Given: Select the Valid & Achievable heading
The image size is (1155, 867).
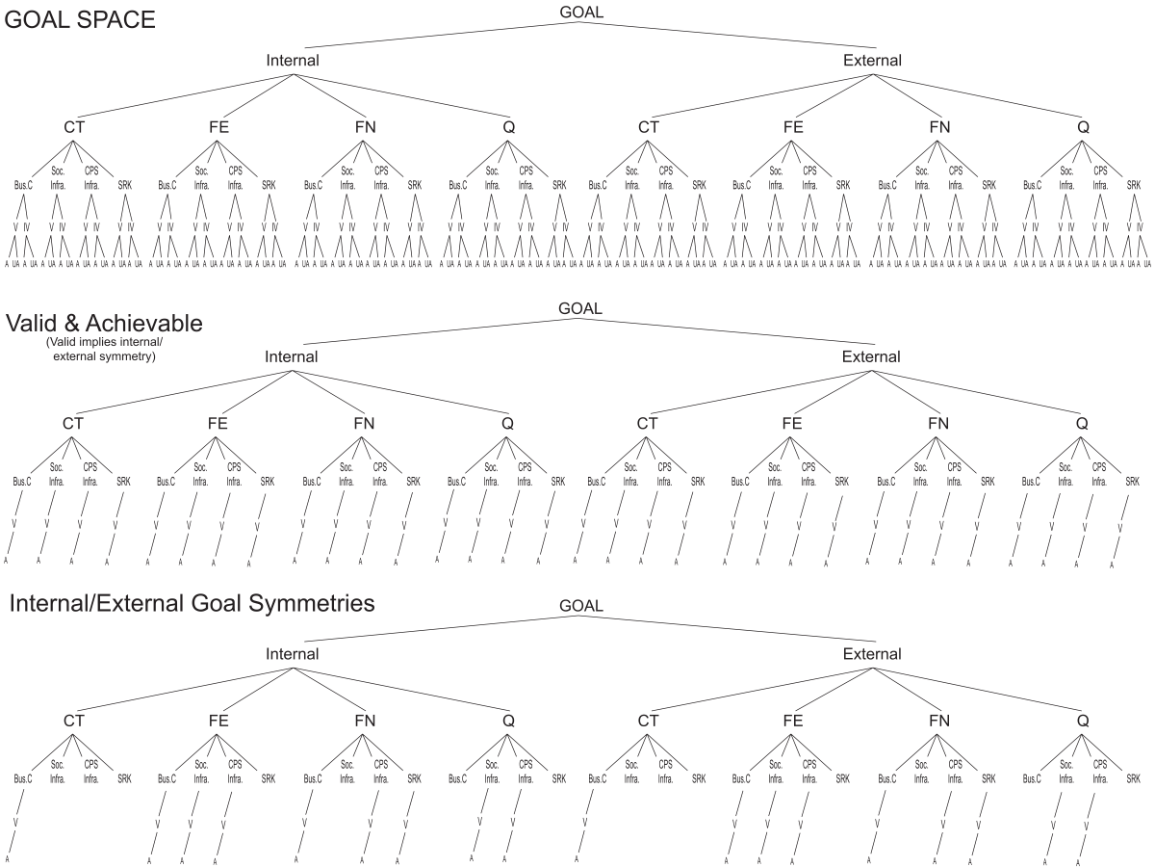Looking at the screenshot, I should click(105, 324).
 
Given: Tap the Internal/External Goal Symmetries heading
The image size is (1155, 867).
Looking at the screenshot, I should click(192, 604).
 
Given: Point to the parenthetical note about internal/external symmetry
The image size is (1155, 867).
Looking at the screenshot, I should click(105, 350).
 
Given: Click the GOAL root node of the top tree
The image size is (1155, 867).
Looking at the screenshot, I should click(580, 13).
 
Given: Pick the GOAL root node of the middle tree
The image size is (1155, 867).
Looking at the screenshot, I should click(580, 309).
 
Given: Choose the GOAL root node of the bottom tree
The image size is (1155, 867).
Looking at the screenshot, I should click(580, 606).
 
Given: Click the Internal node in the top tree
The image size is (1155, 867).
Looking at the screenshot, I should click(293, 61).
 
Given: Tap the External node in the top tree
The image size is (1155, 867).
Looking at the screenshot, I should click(872, 61).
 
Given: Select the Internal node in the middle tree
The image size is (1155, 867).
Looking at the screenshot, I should click(293, 357).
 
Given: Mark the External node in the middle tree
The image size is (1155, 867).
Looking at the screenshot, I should click(872, 357).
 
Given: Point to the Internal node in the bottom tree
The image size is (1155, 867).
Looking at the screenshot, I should click(293, 654).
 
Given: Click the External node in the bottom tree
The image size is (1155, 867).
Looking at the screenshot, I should click(872, 654).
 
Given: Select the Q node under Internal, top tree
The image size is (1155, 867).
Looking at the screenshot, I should click(508, 127).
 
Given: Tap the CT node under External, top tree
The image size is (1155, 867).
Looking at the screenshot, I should click(649, 127).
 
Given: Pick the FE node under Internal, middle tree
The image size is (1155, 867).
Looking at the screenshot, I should click(218, 424).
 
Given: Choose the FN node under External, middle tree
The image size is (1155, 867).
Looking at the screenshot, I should click(938, 424).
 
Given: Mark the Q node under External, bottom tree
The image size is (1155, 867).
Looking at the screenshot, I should click(1083, 721).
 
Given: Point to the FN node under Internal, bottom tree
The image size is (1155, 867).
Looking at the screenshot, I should click(364, 721).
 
